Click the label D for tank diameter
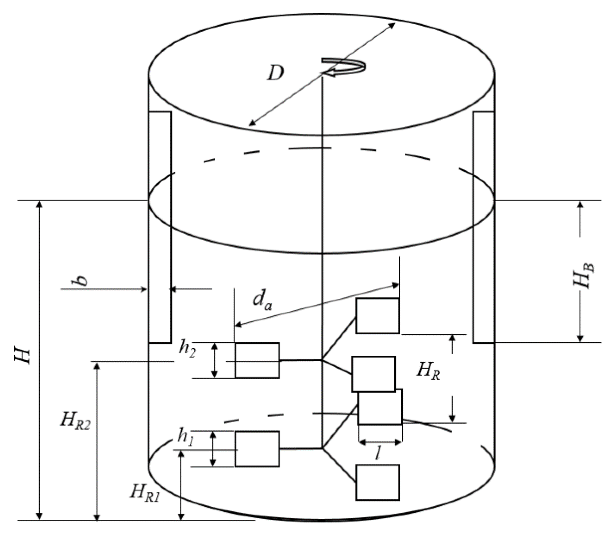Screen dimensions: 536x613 tap(275, 73)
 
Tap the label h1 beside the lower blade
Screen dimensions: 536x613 tap(185, 437)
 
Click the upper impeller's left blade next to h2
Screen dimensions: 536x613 tap(257, 360)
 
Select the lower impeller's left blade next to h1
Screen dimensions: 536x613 tap(257, 449)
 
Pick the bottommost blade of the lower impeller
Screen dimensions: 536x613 tap(378, 482)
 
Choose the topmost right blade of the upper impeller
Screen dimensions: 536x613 tap(378, 316)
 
